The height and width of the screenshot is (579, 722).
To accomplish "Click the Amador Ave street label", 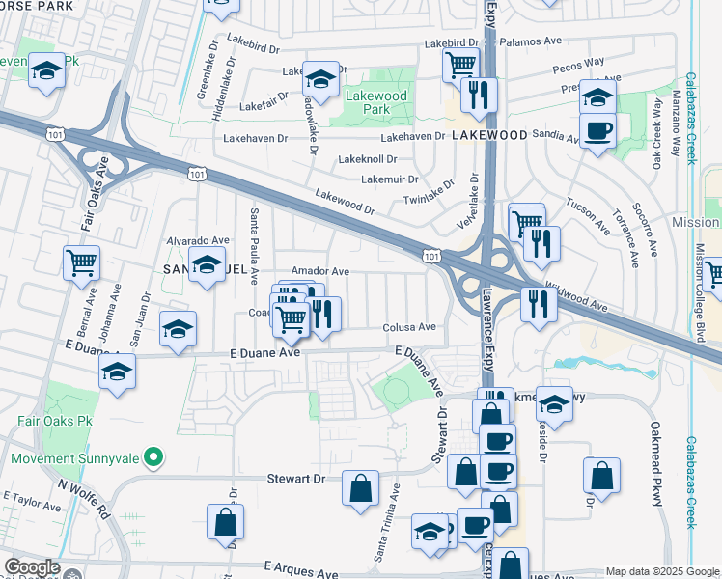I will pos(319,272).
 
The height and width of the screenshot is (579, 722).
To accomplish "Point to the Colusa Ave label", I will pos(409,327).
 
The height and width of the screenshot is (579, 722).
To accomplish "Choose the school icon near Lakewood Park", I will pos(320,77).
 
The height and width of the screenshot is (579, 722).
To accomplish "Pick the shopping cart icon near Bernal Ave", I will pos(81,262).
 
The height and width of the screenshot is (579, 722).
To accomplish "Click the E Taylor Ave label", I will pos(32,503).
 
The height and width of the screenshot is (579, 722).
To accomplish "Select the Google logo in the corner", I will pos(32,567).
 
